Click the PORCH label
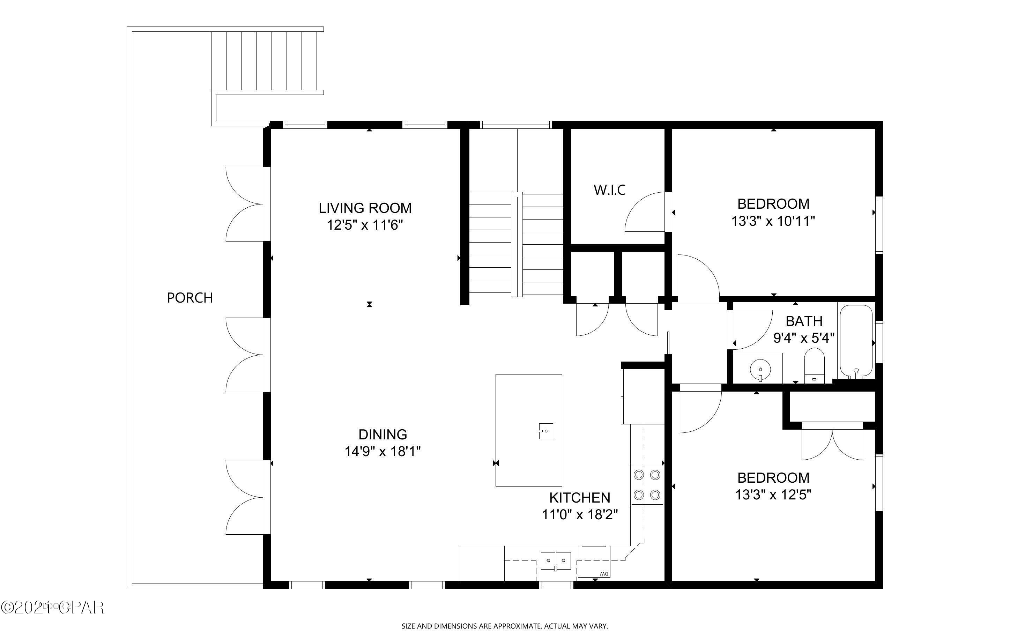pyautogui.click(x=190, y=298)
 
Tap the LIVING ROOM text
pyautogui.click(x=365, y=208)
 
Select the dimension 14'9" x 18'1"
pyautogui.click(x=383, y=452)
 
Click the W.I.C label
pyautogui.click(x=609, y=190)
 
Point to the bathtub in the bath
pyautogui.click(x=856, y=341)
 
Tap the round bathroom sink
pyautogui.click(x=760, y=370)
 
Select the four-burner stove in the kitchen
pyautogui.click(x=647, y=485)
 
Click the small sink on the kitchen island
pyautogui.click(x=545, y=431)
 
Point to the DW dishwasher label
pyautogui.click(x=603, y=574)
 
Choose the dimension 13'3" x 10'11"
pyautogui.click(x=773, y=221)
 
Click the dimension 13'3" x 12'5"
pyautogui.click(x=773, y=495)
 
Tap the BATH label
pyautogui.click(x=804, y=321)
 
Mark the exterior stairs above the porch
pyautogui.click(x=267, y=60)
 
